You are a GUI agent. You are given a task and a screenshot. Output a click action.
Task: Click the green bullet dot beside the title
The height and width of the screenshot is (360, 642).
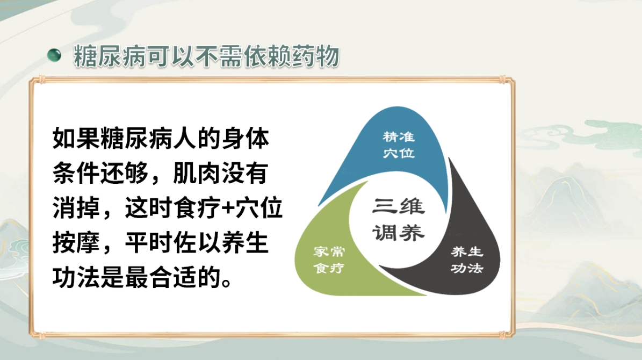(54, 55)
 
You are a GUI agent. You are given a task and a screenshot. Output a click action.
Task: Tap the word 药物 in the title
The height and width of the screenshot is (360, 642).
(316, 56)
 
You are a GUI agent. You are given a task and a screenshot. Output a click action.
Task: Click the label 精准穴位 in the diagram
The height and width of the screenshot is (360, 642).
(399, 143)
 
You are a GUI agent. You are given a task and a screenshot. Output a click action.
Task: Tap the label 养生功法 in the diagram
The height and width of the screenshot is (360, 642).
(466, 260)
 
